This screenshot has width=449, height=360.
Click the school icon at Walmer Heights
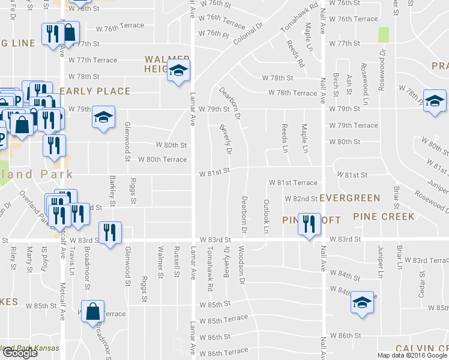[178, 71]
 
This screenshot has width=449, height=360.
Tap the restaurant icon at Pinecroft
[309, 225]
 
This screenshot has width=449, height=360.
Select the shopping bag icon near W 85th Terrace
[93, 312]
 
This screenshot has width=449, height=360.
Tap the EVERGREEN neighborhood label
[350, 198]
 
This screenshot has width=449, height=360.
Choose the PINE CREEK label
[384, 216]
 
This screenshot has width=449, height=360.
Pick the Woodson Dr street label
[241, 263]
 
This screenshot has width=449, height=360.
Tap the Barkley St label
[112, 191]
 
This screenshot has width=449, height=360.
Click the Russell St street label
[175, 262]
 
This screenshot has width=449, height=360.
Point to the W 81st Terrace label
[293, 182]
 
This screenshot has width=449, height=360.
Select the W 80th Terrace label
[163, 159]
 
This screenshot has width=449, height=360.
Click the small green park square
[383, 35]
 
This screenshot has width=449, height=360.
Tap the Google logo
[20, 353]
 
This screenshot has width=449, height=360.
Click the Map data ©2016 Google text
[412, 355]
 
